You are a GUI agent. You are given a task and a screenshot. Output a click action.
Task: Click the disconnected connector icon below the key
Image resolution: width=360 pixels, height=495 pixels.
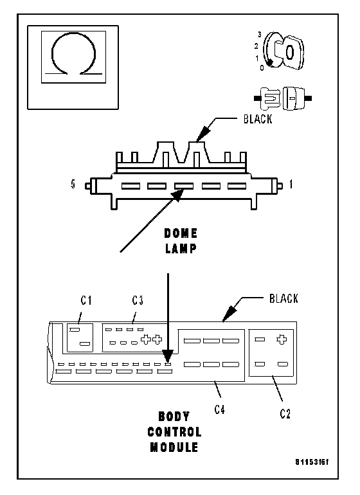tap(283, 98)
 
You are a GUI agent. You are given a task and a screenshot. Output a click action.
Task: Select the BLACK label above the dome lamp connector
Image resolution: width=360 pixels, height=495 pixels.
tap(258, 119)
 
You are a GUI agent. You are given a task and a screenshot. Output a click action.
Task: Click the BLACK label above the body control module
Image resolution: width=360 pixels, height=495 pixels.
tap(283, 299)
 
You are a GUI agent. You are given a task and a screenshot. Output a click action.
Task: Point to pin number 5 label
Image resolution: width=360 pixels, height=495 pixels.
tap(73, 184)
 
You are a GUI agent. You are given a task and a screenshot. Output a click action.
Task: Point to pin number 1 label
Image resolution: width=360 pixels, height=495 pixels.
tap(291, 184)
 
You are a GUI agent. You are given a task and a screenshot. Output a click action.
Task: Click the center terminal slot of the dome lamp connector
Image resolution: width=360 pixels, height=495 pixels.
tap(184, 186)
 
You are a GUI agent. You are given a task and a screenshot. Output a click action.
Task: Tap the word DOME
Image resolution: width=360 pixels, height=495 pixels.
tap(181, 233)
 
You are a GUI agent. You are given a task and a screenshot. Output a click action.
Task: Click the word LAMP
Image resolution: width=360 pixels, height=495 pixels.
tap(181, 248)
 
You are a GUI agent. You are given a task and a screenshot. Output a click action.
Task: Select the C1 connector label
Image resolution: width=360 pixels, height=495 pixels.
tap(86, 300)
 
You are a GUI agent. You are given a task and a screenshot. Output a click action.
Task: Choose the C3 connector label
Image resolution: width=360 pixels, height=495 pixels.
tap(138, 300)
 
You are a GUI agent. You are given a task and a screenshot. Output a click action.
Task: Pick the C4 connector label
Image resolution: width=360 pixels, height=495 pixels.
tap(219, 410)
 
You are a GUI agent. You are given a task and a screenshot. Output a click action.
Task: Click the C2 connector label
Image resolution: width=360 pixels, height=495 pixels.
tap(285, 413)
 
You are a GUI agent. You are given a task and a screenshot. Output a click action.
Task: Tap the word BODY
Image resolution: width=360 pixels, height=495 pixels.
tap(174, 417)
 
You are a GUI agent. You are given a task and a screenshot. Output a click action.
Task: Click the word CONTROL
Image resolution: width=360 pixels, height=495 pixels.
tap(174, 432)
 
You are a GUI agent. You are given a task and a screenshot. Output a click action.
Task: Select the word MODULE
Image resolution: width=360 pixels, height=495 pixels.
tap(174, 447)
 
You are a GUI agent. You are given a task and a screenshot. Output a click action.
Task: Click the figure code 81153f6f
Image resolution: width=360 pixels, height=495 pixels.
tap(312, 462)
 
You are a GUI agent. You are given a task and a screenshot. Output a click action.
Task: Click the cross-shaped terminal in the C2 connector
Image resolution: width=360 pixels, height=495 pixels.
tap(282, 339)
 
